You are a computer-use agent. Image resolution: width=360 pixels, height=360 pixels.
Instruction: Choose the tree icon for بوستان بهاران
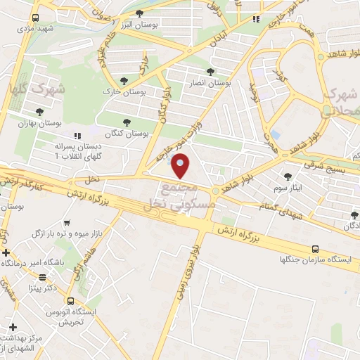(41, 111)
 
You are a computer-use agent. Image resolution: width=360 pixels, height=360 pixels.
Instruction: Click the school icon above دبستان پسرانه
(77, 135)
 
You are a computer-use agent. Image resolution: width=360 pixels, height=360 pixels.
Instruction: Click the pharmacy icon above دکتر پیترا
(43, 277)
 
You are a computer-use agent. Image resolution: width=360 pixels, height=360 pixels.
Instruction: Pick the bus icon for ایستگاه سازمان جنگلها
(315, 249)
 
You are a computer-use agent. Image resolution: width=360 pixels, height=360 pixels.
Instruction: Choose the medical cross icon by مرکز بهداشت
(13, 327)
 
